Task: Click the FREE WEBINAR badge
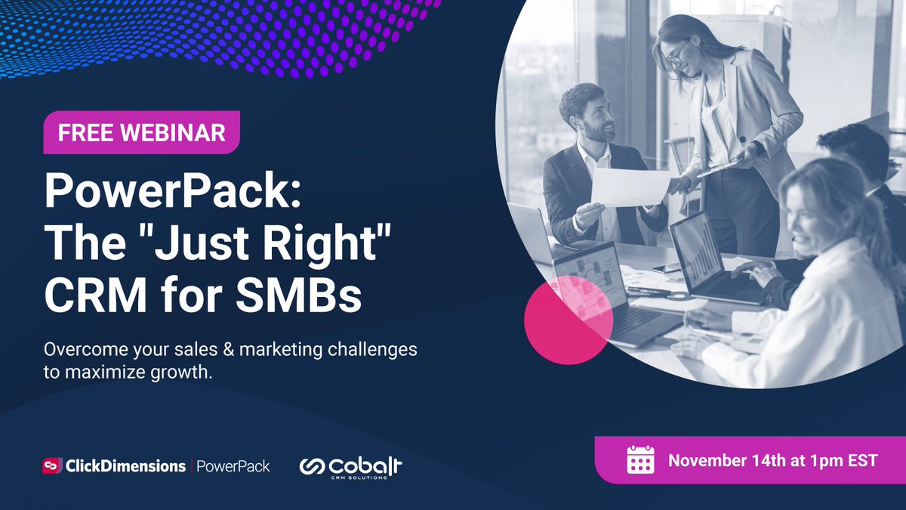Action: (x=141, y=133)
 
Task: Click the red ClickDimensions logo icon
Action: (x=51, y=466)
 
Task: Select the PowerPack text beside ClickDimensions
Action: (x=233, y=466)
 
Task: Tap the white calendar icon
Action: (x=641, y=459)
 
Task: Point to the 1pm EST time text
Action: (x=840, y=460)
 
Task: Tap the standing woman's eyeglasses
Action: (x=676, y=54)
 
